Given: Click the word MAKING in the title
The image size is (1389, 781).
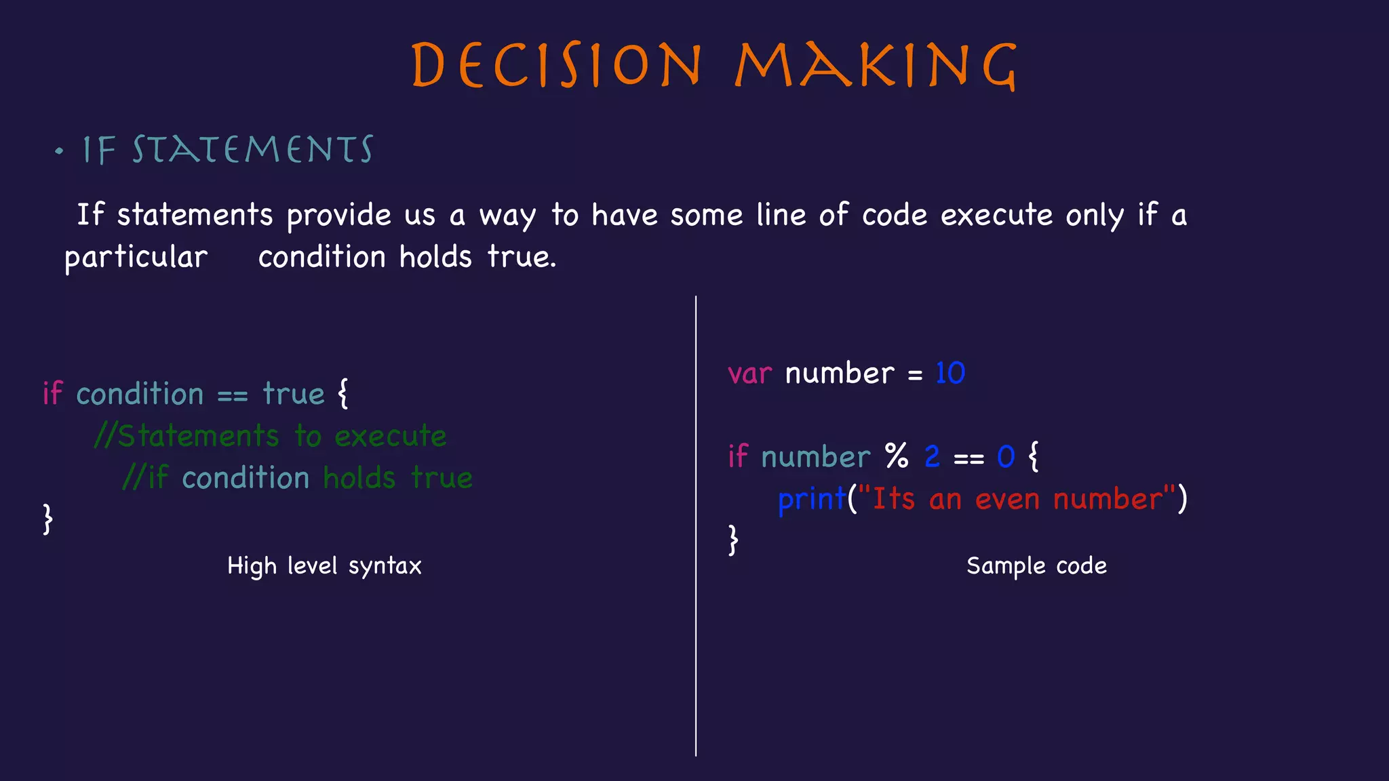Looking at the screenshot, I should point(876,66).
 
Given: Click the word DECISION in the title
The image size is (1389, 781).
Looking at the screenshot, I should point(557,66).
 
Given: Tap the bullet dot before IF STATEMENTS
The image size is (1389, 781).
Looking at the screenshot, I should point(60,151).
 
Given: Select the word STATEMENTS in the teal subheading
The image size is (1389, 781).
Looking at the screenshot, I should point(252,150).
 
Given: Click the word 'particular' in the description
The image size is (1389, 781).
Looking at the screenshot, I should point(136,258).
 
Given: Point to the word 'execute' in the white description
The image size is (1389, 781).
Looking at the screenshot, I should point(996,216).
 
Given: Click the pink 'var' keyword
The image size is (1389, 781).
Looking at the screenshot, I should point(749,374).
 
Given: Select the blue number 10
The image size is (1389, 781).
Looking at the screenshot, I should point(950,373).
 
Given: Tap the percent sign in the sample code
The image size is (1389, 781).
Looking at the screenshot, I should point(897,456).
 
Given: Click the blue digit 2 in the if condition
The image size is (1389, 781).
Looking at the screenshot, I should point(933,456).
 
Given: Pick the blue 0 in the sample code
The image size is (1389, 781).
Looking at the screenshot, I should point(1006,457).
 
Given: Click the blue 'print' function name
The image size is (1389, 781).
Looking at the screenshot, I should point(812,500).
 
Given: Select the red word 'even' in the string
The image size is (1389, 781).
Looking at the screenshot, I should point(1007,500).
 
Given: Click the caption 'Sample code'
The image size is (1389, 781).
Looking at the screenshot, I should point(1036,565).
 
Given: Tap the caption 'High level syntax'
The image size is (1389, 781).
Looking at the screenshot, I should point(324,565).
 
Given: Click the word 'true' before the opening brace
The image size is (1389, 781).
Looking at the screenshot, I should point(294,394).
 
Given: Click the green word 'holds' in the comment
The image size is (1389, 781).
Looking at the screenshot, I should point(359,478).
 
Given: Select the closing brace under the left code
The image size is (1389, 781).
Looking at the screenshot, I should point(47,519).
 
